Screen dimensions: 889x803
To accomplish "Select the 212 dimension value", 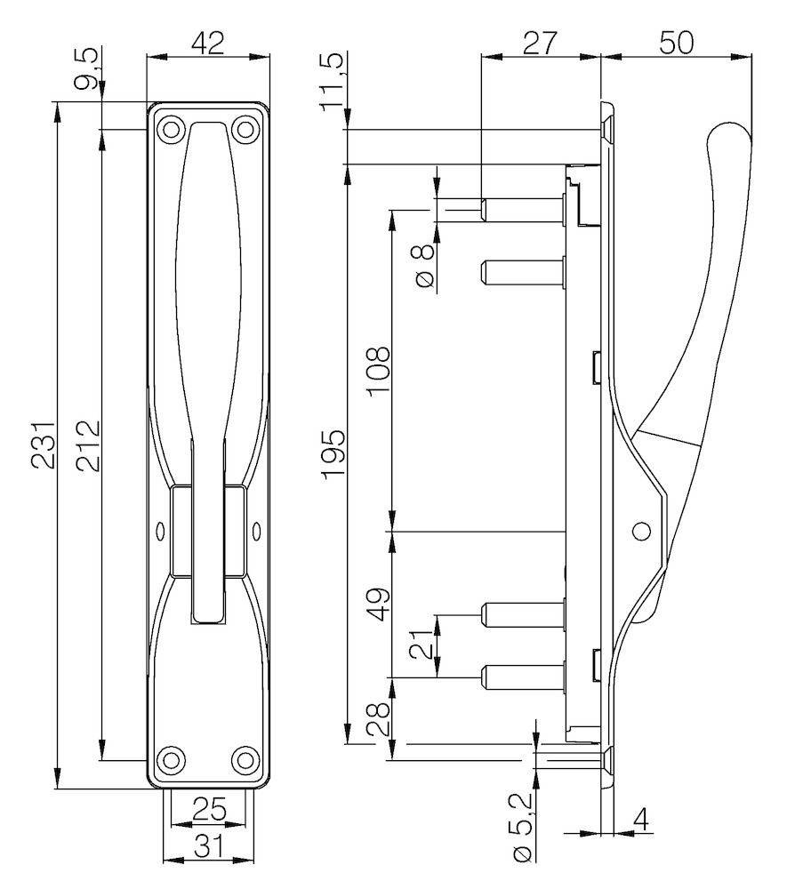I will click(87, 444).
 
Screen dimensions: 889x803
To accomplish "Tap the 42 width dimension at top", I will click(208, 43).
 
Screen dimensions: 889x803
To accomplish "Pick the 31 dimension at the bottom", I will click(208, 846).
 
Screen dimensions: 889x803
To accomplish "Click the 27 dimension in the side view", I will click(540, 43).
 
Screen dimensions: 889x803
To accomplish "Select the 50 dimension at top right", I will click(676, 43).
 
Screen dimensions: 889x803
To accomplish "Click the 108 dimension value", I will click(378, 368).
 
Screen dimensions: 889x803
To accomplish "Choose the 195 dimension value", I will click(333, 454).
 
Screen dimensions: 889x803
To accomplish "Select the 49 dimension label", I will click(378, 605).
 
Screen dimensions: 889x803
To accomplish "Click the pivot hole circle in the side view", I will click(640, 532).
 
